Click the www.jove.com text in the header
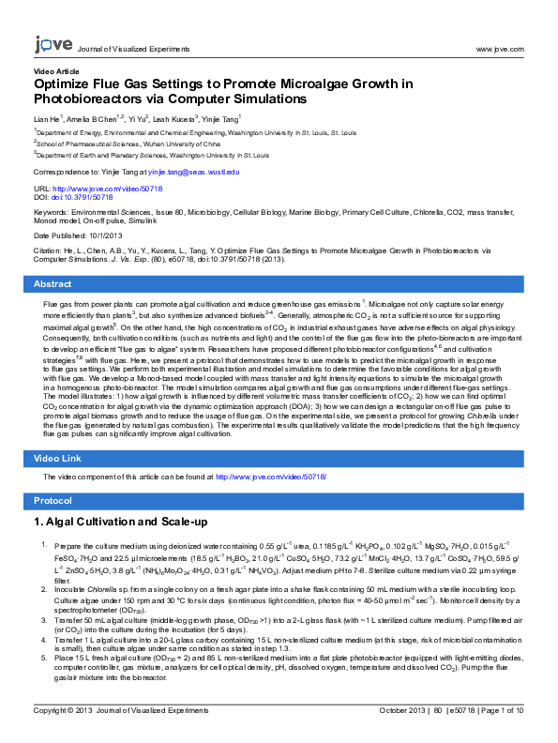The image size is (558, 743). click(499, 48)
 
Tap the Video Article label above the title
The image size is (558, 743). click(56, 71)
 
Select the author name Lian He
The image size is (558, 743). click(47, 120)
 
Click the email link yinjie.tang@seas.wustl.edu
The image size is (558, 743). click(193, 173)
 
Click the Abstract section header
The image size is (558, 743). click(53, 283)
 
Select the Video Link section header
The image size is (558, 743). click(58, 458)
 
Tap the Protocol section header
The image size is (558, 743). click(53, 501)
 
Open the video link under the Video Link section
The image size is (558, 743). click(271, 478)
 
